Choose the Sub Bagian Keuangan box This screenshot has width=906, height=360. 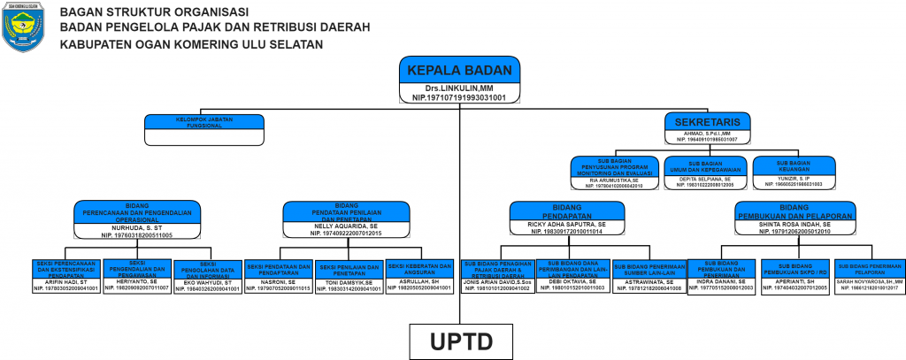point(794,165)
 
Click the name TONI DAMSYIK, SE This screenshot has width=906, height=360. point(348,282)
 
